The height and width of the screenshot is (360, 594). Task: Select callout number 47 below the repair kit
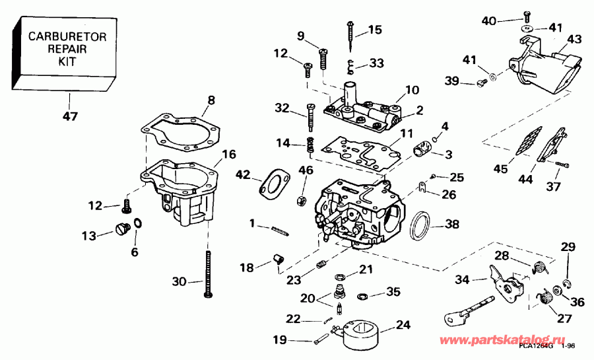click(x=70, y=116)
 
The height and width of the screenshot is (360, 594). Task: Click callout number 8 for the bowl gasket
click(x=211, y=100)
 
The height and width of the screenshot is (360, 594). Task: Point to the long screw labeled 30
click(x=209, y=274)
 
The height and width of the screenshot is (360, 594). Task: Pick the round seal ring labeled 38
click(x=420, y=225)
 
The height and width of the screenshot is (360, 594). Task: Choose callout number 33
click(x=376, y=63)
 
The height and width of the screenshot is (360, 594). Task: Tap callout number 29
click(x=568, y=247)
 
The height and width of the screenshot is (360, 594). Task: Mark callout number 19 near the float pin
click(x=280, y=340)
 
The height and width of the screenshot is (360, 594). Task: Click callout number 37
click(x=552, y=186)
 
